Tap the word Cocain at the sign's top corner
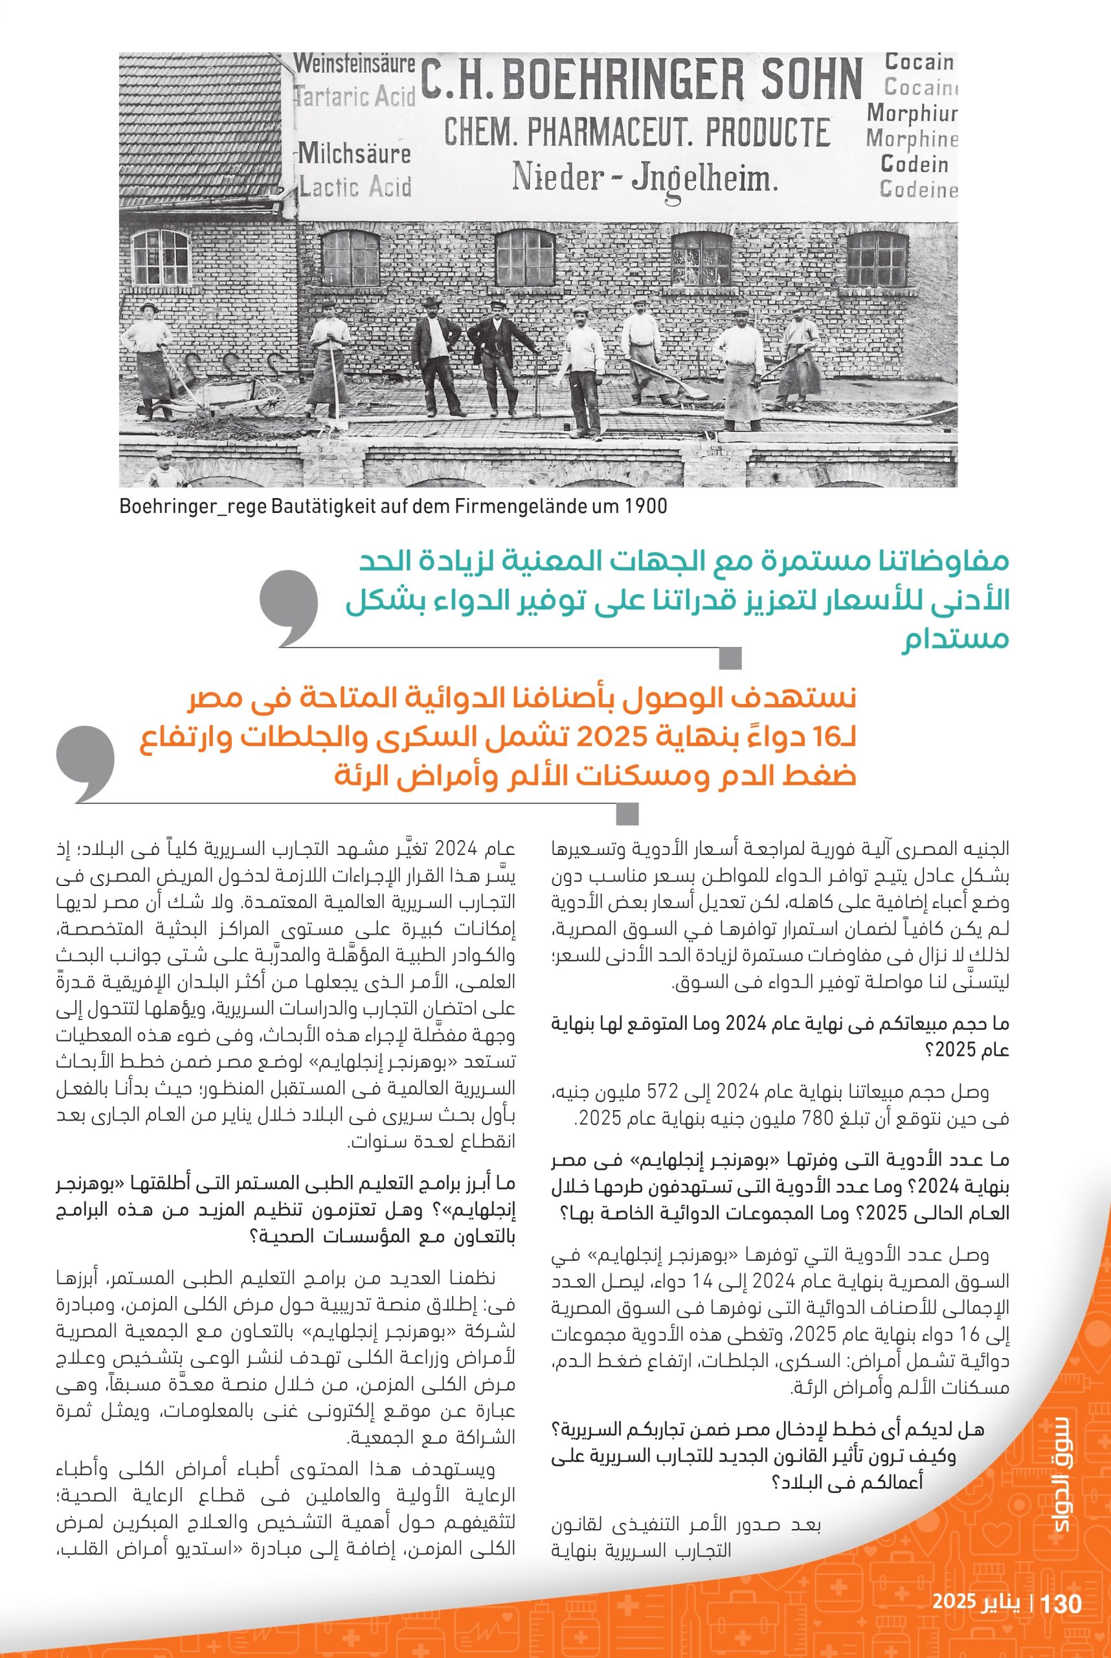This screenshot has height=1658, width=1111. point(919,62)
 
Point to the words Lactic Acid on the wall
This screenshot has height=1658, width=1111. point(355,187)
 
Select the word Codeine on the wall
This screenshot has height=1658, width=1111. point(918,190)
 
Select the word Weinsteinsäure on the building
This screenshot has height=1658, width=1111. point(354,63)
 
